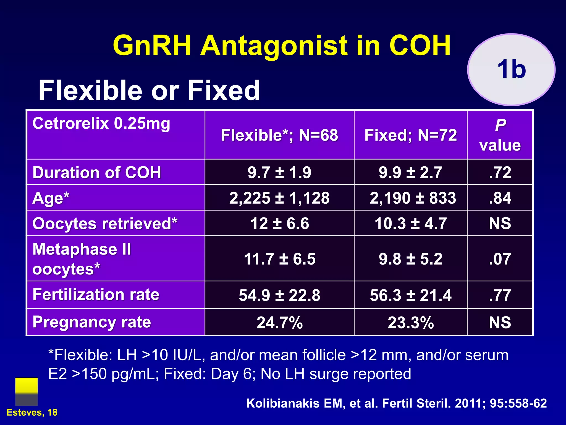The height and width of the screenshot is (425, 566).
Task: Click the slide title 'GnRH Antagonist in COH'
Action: coord(282,46)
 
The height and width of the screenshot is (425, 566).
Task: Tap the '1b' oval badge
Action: coord(511,69)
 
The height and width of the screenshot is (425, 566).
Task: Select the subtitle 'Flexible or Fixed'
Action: coord(149,90)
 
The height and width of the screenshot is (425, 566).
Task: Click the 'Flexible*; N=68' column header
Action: coord(279,135)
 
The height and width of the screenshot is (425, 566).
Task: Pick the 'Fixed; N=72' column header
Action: coord(410,135)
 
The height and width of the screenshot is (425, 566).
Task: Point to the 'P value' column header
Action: coord(500,135)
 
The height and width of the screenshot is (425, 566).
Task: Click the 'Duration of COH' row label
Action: coord(97,172)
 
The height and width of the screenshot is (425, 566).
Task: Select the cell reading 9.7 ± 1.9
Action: coord(279,172)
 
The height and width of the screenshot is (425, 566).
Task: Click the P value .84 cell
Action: coord(500,198)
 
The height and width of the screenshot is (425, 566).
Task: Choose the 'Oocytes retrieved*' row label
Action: coord(105,223)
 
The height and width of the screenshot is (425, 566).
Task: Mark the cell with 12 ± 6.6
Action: coord(279,223)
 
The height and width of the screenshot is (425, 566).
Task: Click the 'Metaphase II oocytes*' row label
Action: coord(82,259)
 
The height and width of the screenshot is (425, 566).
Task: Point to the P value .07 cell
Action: coord(500,259)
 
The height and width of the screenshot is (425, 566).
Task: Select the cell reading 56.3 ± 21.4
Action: coord(411,295)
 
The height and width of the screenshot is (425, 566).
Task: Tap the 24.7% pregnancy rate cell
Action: coord(279,322)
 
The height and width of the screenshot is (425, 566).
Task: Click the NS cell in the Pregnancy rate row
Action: coord(500,322)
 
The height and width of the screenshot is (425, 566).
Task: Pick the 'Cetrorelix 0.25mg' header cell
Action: coord(101,123)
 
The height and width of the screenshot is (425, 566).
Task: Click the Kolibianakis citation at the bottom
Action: coord(396,403)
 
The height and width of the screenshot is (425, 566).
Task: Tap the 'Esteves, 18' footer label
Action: coord(32,413)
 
